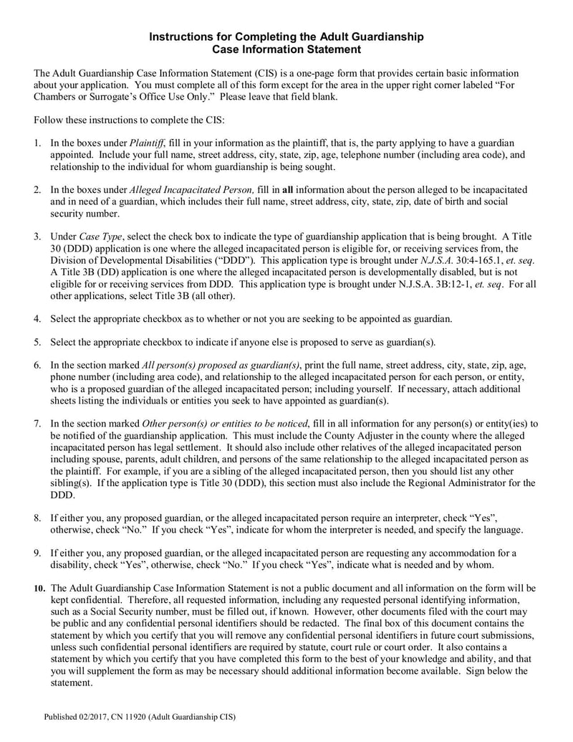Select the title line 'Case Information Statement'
[286, 49]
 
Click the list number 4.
[37, 318]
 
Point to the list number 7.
[37, 423]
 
